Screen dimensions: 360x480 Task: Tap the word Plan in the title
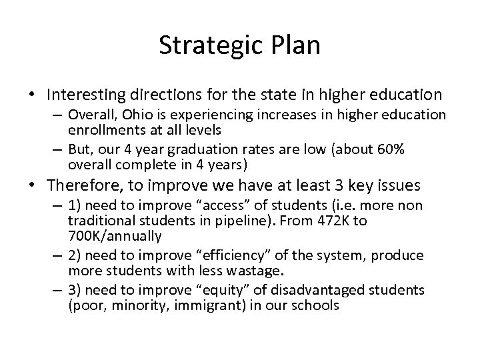297,45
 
